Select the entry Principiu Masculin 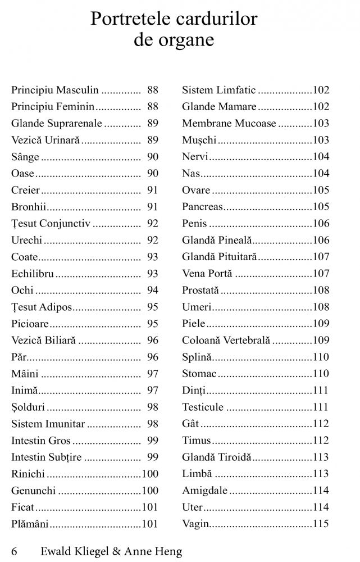pyautogui.click(x=54, y=90)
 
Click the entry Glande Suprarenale pyautogui.click(x=56, y=123)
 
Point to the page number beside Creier pyautogui.click(x=152, y=190)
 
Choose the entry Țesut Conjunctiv pyautogui.click(x=51, y=224)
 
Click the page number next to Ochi pyautogui.click(x=152, y=291)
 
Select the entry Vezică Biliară pyautogui.click(x=43, y=341)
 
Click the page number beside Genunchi pyautogui.click(x=150, y=491)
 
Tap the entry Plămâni pyautogui.click(x=30, y=524)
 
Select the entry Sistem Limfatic pyautogui.click(x=218, y=90)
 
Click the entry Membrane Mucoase pyautogui.click(x=229, y=123)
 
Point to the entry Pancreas pyautogui.click(x=202, y=207)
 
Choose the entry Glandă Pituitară pyautogui.click(x=219, y=257)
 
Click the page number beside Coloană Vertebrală pyautogui.click(x=321, y=341)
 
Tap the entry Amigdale pyautogui.click(x=204, y=491)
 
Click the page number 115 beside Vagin pyautogui.click(x=321, y=524)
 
